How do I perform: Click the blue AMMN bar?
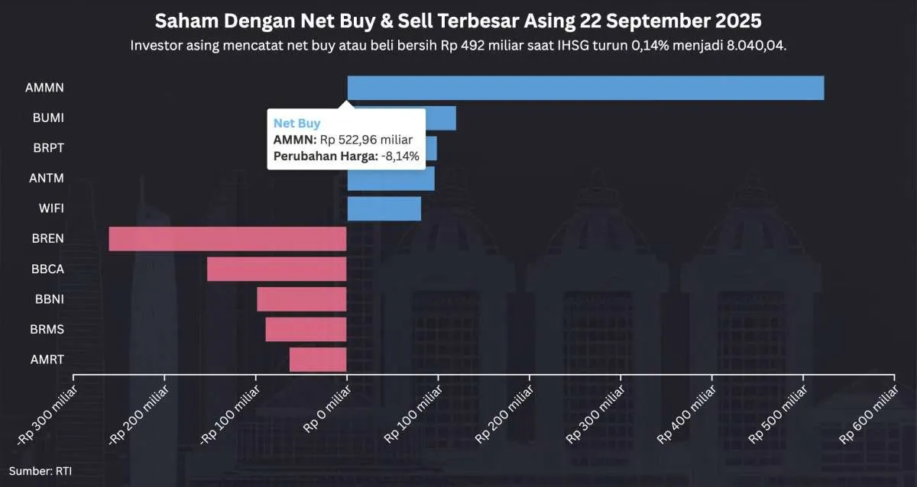tap(585, 88)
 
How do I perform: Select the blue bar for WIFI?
tap(384, 208)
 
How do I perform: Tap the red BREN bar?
tap(228, 239)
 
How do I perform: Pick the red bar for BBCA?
tap(277, 269)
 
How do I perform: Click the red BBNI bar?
tap(301, 299)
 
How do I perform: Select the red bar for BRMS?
tap(306, 329)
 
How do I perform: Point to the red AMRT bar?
tap(318, 359)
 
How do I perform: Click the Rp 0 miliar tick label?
tap(327, 412)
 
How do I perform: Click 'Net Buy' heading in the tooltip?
tap(297, 123)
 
